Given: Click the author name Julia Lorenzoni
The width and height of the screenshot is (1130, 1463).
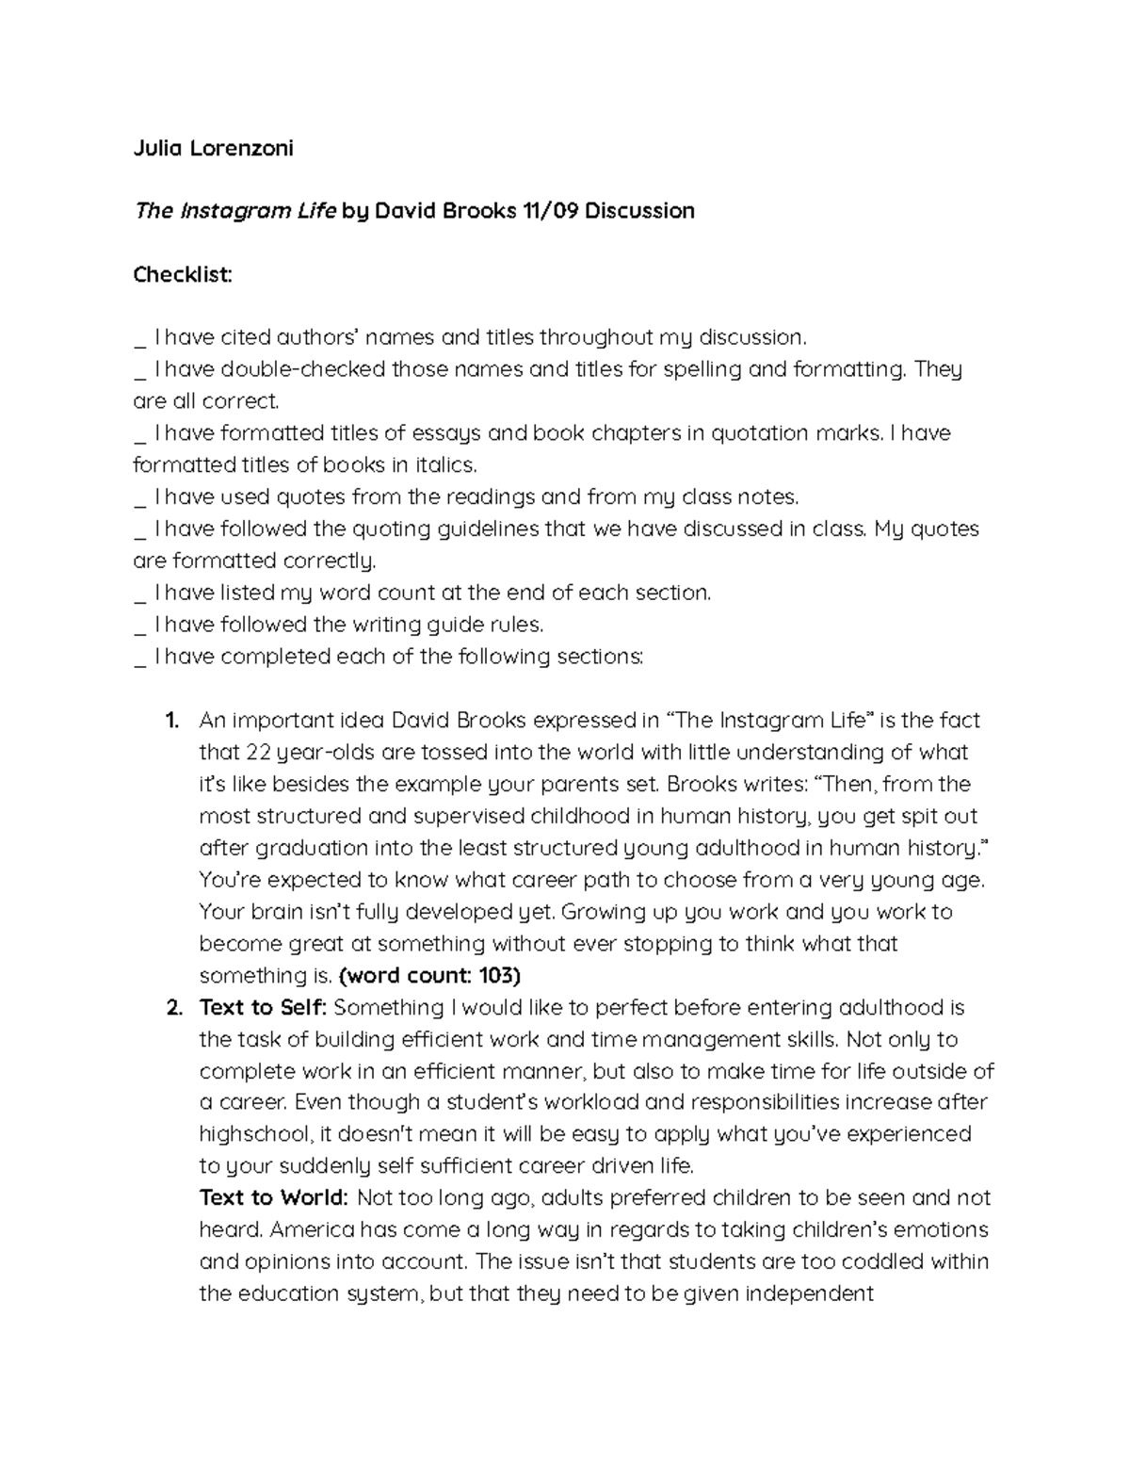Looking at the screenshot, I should click(213, 148).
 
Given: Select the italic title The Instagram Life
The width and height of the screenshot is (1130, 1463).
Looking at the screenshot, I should click(234, 210).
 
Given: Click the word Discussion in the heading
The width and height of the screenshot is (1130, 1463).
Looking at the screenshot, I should click(639, 210).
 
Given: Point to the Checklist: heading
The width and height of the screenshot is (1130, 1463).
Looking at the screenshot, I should click(182, 274).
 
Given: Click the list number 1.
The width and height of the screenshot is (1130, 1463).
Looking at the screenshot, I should click(170, 721).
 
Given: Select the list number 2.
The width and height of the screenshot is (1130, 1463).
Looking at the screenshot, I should click(173, 1008).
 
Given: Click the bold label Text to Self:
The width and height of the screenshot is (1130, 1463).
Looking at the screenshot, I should click(263, 1008).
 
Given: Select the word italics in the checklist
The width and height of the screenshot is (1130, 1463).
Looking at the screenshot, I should click(445, 465).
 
